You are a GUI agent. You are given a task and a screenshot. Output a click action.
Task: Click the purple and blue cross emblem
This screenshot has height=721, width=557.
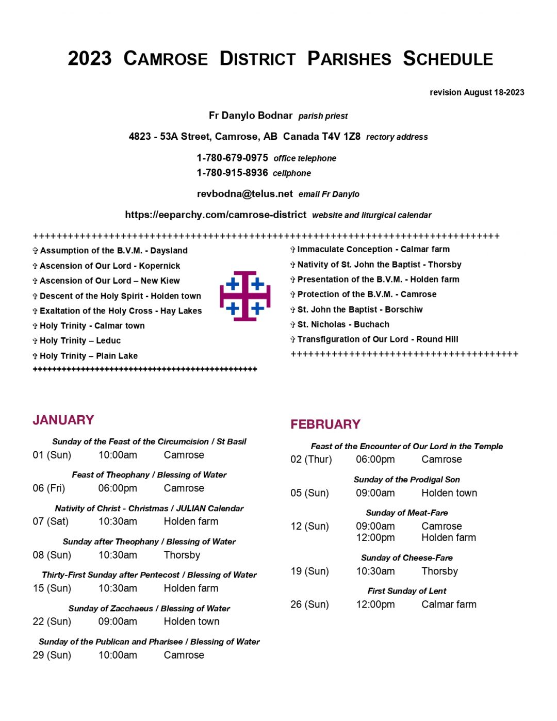tap(245, 296)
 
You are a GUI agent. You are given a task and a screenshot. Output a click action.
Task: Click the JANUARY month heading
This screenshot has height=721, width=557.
tap(63, 420)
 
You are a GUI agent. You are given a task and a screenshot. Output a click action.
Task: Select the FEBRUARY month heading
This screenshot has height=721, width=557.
tap(325, 424)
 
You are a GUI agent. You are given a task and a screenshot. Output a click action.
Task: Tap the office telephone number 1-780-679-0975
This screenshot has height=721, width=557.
tap(232, 158)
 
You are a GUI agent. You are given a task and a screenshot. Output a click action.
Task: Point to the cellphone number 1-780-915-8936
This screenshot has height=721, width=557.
tap(232, 173)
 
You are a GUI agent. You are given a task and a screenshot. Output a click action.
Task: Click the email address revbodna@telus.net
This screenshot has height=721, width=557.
tap(244, 194)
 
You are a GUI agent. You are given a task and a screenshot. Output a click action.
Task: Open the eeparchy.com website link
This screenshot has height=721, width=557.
tap(216, 215)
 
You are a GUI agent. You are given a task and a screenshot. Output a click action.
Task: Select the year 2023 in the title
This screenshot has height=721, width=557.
tap(90, 58)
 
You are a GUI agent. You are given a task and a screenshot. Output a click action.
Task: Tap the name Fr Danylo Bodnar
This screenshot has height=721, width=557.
tap(251, 116)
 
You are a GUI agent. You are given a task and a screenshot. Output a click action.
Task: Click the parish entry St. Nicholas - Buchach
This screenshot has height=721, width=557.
tap(343, 324)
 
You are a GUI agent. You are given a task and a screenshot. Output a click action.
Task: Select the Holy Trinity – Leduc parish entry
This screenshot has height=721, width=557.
tap(80, 341)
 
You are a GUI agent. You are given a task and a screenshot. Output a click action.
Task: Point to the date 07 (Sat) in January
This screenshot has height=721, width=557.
tap(51, 521)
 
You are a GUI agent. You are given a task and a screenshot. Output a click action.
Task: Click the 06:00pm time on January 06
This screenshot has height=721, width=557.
tap(118, 488)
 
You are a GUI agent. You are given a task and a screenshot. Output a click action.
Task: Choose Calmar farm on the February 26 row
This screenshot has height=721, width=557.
tap(449, 604)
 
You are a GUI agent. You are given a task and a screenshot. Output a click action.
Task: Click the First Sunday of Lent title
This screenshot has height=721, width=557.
tap(406, 591)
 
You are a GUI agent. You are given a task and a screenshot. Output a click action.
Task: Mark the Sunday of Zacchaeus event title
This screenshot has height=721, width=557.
tap(149, 609)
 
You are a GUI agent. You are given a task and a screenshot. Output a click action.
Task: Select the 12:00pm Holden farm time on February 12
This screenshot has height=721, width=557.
tap(375, 538)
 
